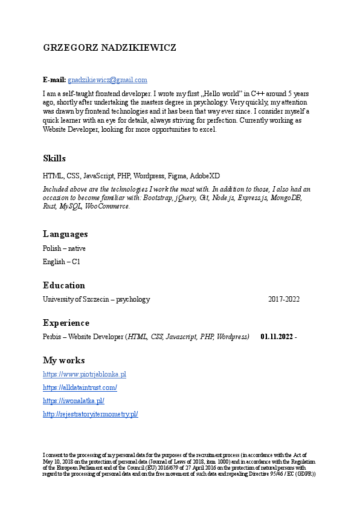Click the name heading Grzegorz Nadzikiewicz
click(x=110, y=47)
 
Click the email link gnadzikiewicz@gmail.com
click(x=108, y=80)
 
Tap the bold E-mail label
click(x=54, y=80)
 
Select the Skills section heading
click(x=54, y=158)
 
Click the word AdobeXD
click(x=205, y=176)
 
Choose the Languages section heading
click(x=65, y=234)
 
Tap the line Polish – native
click(x=64, y=248)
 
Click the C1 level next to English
click(x=76, y=262)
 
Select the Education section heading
click(x=64, y=285)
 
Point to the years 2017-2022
click(x=284, y=299)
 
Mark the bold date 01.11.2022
click(x=277, y=337)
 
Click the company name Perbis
click(x=53, y=337)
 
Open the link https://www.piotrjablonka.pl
click(x=85, y=374)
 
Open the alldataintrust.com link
click(x=80, y=387)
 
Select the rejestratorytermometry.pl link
click(x=91, y=414)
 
